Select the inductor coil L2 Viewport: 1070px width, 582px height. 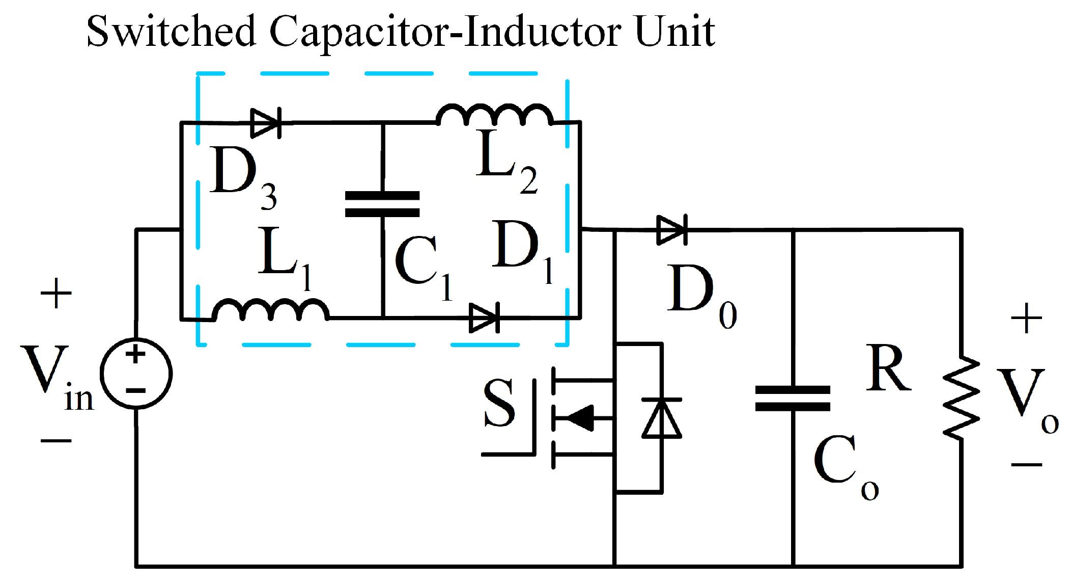[x=494, y=115]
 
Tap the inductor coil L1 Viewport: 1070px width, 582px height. [x=270, y=310]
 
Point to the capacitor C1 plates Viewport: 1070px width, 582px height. [x=382, y=204]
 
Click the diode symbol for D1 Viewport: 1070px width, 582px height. [x=484, y=318]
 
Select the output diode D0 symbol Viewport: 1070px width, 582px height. [x=672, y=230]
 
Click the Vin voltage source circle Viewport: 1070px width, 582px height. [x=136, y=373]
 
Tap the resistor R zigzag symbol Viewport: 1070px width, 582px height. [x=961, y=398]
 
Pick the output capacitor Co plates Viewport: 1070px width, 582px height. [x=793, y=399]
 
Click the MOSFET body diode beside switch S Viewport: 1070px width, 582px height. [x=662, y=418]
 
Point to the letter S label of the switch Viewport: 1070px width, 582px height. [x=499, y=403]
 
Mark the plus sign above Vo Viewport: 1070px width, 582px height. [x=1026, y=319]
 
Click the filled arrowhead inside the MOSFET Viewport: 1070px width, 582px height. [x=580, y=418]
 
